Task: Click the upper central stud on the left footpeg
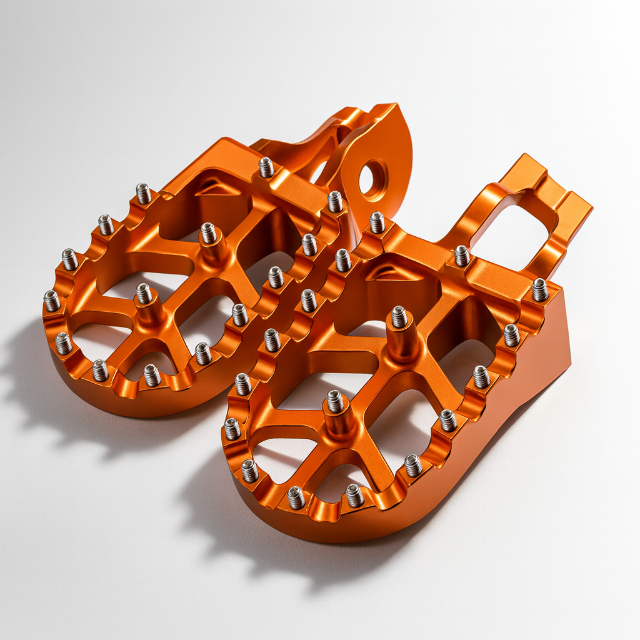coord(208,233)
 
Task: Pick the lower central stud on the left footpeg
coord(144,293)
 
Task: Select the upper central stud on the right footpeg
coord(399,317)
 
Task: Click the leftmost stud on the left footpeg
coord(52,301)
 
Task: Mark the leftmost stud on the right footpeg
coord(232,429)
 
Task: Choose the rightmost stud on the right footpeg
coord(540,289)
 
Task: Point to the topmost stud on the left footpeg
coord(266,167)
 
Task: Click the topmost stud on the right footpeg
coord(377,222)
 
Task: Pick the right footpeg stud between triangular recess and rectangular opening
coord(462,256)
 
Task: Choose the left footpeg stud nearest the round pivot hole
coord(336,201)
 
